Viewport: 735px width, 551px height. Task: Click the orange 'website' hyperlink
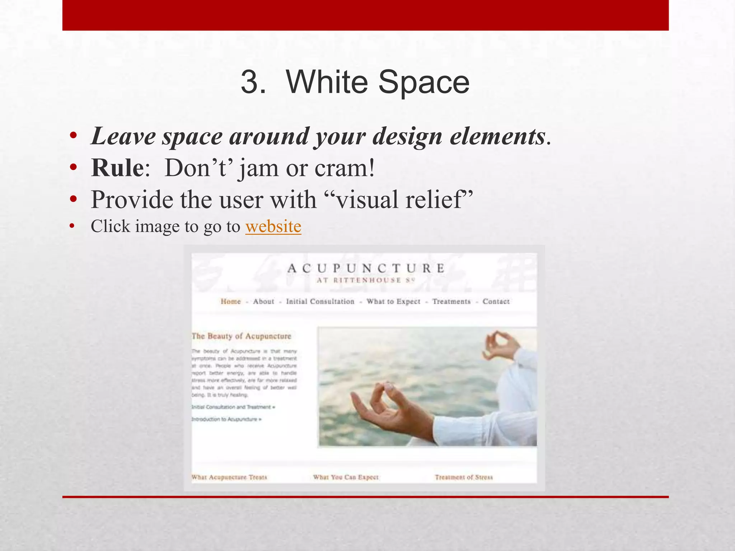point(273,227)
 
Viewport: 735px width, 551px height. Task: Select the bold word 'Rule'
point(117,168)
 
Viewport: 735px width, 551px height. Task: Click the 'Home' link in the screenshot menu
point(230,301)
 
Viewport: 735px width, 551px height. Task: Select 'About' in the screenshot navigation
point(263,301)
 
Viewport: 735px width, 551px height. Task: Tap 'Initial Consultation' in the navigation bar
point(320,301)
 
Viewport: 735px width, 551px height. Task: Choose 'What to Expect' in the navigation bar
point(393,301)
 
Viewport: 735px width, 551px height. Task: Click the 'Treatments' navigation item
point(451,301)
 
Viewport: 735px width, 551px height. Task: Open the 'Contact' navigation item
point(496,301)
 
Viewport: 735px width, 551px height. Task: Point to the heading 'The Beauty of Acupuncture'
point(241,336)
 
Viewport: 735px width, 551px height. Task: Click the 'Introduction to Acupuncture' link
point(226,419)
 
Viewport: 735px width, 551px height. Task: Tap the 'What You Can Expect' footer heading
point(346,477)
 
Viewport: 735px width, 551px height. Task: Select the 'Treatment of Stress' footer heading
point(464,477)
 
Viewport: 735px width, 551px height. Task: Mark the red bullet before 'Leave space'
point(74,136)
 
